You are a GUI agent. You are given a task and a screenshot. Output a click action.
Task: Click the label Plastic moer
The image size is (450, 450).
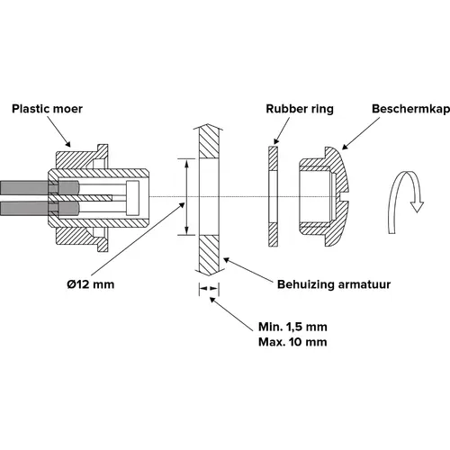[47, 109]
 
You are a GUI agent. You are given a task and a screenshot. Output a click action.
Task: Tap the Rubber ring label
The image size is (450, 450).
[300, 109]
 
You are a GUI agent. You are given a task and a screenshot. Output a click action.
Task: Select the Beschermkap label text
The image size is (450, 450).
[410, 109]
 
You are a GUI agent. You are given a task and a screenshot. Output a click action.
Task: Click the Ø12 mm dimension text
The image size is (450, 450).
[91, 284]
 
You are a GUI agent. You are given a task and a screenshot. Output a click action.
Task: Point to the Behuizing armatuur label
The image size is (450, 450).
[334, 284]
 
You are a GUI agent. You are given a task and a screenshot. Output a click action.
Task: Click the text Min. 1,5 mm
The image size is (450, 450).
[292, 327]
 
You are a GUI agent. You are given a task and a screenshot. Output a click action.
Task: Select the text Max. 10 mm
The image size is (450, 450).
[292, 342]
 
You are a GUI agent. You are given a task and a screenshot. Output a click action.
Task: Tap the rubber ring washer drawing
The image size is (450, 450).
[273, 196]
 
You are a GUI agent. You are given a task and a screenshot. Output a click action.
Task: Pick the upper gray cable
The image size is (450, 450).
[24, 187]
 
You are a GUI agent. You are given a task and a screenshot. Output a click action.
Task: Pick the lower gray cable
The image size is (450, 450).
[24, 208]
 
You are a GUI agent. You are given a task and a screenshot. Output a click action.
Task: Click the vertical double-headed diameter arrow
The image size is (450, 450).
[187, 197]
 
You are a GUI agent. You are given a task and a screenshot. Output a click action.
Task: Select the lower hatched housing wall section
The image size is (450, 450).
[210, 255]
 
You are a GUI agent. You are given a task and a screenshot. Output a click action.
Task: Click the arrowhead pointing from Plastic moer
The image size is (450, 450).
[67, 144]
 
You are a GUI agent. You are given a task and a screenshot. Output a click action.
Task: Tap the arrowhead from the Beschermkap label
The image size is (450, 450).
[346, 147]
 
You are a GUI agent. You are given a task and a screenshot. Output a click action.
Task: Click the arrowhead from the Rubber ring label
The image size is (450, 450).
[276, 141]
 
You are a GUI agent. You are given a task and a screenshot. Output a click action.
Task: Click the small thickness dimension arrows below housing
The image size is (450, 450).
[209, 289]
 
